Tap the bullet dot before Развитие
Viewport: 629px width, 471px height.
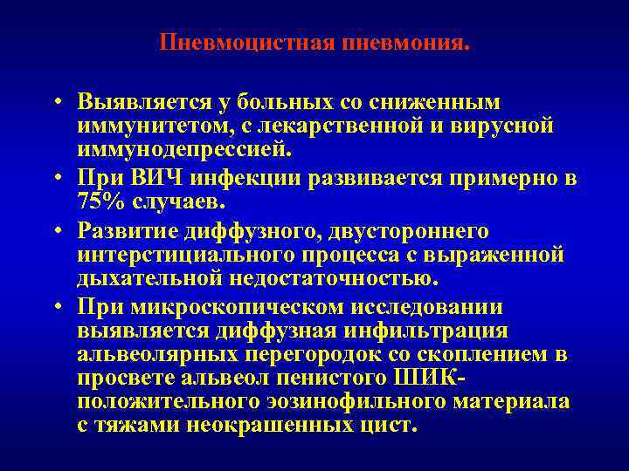tap(54, 233)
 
